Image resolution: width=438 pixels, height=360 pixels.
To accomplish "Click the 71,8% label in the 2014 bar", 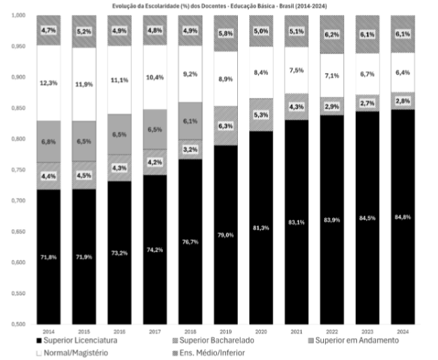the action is click(49, 257).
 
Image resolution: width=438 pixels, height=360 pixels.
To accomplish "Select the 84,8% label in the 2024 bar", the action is click(403, 217).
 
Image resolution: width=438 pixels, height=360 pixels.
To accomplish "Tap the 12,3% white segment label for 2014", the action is click(49, 83).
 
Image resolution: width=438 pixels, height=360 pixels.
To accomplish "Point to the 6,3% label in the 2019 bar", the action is click(226, 126).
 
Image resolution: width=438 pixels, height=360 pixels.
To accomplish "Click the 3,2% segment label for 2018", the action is click(190, 150).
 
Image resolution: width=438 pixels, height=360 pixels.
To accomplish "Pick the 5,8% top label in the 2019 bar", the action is click(226, 34).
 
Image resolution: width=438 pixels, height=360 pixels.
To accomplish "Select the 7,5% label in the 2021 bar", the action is click(296, 70).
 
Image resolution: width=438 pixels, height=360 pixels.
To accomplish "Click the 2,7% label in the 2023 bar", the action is click(367, 104).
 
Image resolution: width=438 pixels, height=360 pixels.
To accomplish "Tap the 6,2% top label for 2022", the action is click(332, 35).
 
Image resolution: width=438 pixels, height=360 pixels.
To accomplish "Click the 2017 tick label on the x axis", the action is click(155, 332).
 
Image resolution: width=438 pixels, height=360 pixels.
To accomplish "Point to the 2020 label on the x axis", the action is click(261, 332).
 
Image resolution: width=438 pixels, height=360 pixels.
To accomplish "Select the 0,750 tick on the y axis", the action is click(18, 170).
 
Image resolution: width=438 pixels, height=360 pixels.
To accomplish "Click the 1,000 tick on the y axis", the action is click(18, 15).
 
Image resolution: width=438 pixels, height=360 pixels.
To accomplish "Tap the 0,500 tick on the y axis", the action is click(18, 324).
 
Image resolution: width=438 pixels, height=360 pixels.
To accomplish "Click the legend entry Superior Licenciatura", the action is click(77, 340).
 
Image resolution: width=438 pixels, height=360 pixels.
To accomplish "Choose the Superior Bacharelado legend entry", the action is click(214, 340).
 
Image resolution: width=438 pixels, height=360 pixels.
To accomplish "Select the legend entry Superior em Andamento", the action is click(354, 340).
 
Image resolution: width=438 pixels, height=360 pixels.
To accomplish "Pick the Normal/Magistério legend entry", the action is click(72, 353).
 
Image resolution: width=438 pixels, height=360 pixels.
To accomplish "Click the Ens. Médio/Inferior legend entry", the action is click(209, 353).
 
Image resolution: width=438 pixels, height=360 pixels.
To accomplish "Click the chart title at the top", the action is click(220, 6).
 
